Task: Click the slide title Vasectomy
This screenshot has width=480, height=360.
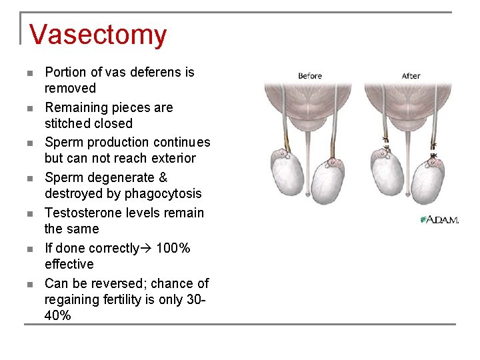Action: point(98,35)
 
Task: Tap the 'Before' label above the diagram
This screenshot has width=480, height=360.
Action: point(310,76)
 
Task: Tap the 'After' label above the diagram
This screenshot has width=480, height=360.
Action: point(411,76)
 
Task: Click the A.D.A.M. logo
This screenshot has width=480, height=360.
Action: point(439,219)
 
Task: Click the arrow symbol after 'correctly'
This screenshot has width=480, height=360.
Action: point(147,249)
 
